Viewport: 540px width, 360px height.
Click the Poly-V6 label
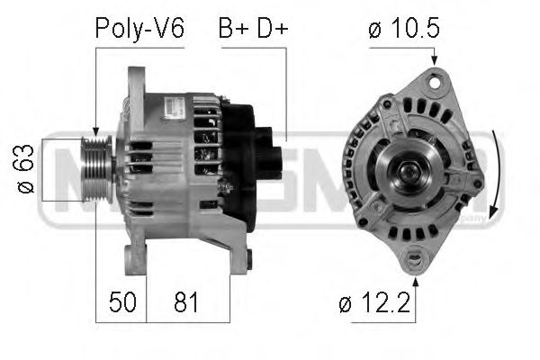point(139,29)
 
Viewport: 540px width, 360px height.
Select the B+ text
point(233,29)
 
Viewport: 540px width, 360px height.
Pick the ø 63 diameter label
point(26,167)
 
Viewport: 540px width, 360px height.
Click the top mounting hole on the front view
point(437,82)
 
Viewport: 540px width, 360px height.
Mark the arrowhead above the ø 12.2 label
point(415,274)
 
